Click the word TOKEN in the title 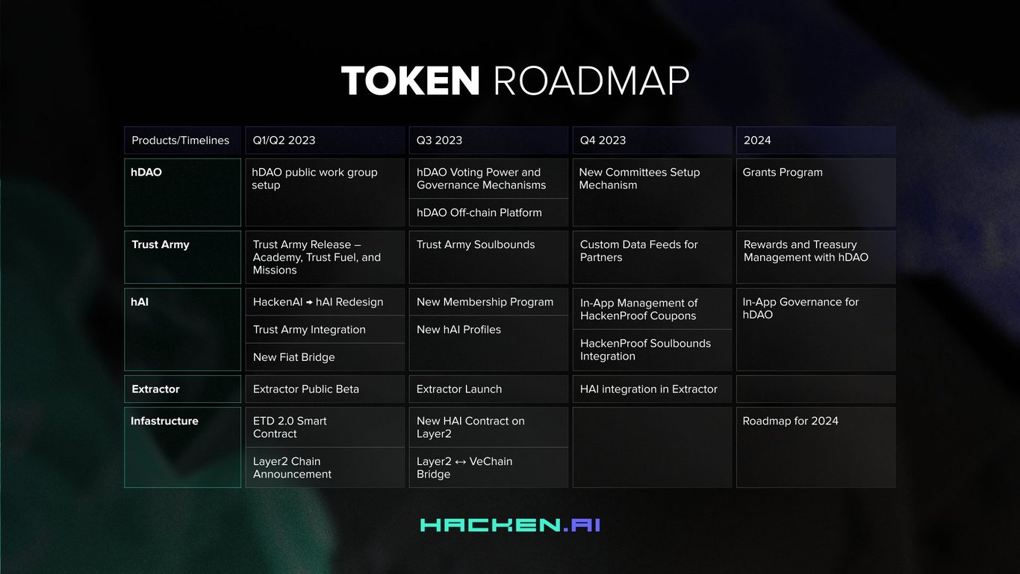[x=410, y=81]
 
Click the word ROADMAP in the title [x=591, y=81]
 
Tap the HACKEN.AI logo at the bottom [x=510, y=525]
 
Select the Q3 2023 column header [x=488, y=140]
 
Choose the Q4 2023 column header [x=652, y=140]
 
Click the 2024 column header [x=815, y=140]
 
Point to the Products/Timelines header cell [x=183, y=140]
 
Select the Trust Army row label [x=183, y=257]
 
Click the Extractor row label [x=183, y=389]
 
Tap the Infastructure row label [x=183, y=447]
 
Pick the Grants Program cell [x=815, y=192]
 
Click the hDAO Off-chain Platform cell [x=488, y=212]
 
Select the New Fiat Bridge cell [x=325, y=357]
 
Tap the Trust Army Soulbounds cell [x=488, y=257]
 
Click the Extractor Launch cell [x=488, y=389]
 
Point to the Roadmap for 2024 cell [x=815, y=447]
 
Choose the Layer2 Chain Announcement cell [x=325, y=468]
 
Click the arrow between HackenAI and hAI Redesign [x=310, y=302]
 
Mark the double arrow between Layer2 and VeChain [x=461, y=462]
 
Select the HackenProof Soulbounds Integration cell [x=652, y=350]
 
